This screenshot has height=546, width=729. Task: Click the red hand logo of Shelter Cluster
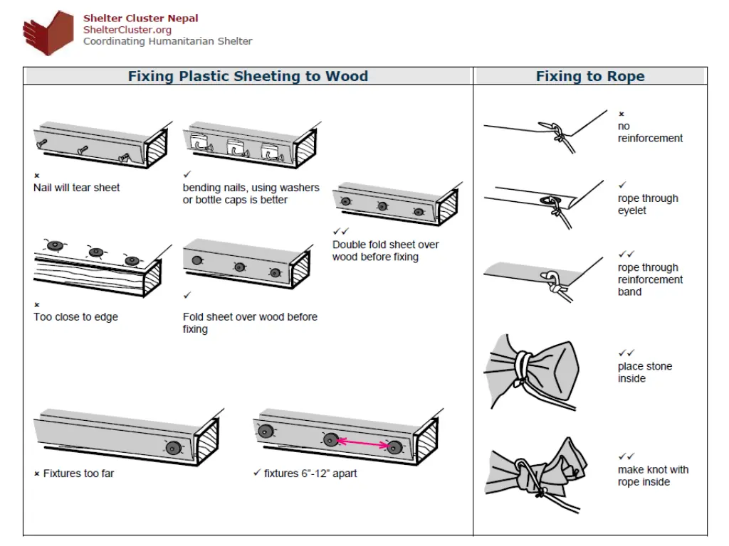[48, 33]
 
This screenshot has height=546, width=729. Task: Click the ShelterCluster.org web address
[127, 30]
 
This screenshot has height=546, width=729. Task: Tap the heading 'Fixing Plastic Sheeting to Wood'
[248, 77]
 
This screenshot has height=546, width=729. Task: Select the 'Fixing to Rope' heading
[590, 77]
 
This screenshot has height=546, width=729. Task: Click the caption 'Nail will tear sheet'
[77, 188]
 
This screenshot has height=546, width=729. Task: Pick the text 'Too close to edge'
[75, 316]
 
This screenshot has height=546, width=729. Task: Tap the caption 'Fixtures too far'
[78, 473]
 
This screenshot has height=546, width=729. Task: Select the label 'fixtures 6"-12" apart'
[310, 473]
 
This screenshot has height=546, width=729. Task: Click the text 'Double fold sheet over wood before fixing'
[385, 250]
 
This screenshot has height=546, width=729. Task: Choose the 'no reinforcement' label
[650, 132]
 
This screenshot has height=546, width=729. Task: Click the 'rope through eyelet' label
[648, 204]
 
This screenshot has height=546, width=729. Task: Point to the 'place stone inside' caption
[644, 372]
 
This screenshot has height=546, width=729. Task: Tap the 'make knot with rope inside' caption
[653, 476]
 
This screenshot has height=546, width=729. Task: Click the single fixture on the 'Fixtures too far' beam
[172, 447]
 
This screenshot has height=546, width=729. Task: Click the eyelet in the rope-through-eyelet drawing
[553, 201]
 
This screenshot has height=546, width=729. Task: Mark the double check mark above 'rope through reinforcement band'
[626, 254]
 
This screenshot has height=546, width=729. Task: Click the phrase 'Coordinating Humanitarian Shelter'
[167, 41]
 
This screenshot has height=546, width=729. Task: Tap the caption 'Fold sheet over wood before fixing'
[250, 323]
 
